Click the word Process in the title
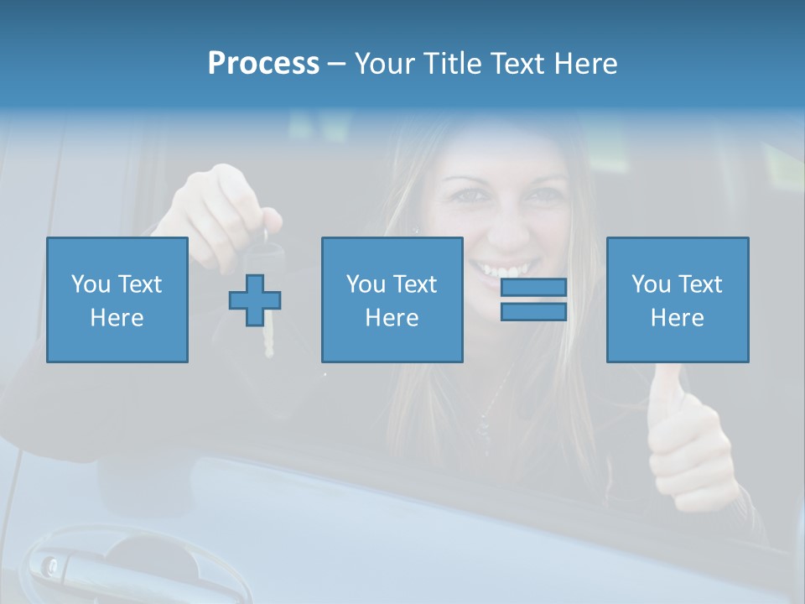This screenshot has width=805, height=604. coord(263,63)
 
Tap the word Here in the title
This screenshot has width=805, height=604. coord(584,63)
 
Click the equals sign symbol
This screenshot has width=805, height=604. coord(533,299)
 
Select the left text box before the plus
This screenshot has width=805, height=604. coord(117,299)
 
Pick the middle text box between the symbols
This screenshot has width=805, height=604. coord(392,299)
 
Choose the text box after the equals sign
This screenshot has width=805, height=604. coord(678,299)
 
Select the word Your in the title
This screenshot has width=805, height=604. coord(383,63)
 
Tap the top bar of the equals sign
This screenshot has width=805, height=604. coord(533,288)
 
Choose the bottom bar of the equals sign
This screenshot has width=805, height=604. coord(533,311)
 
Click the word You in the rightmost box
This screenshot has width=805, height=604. coord(651,284)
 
